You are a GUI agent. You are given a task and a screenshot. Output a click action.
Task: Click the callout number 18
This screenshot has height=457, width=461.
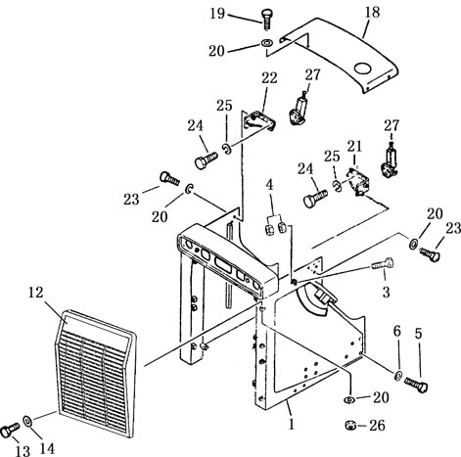372,12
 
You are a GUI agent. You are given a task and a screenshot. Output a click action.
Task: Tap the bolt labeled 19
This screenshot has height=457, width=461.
267,21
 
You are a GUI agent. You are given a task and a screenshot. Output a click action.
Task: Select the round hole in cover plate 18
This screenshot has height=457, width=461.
362,69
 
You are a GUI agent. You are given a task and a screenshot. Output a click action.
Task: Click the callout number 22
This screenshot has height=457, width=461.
269,77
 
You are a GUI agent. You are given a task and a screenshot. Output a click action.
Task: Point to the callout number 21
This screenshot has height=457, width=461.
354,147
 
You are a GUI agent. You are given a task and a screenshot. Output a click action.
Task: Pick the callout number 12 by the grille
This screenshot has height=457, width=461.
35,293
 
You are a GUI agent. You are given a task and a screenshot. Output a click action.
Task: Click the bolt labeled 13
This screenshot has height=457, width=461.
10,431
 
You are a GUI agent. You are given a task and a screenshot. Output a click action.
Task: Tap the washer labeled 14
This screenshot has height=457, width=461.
27,421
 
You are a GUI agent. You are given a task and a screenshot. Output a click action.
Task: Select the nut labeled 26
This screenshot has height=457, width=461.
350,426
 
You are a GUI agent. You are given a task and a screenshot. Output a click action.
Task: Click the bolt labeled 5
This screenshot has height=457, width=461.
416,384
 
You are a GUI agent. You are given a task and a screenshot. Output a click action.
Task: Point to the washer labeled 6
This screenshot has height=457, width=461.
398,375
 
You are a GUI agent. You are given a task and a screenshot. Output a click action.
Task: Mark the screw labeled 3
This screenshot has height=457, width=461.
383,264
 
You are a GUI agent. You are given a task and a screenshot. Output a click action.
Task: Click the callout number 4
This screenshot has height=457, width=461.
269,185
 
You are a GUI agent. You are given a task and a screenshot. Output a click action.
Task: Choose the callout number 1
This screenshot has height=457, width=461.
292,424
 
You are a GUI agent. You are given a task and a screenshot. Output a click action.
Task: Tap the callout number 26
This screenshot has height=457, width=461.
377,425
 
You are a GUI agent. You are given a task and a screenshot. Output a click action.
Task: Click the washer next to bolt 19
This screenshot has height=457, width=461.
267,43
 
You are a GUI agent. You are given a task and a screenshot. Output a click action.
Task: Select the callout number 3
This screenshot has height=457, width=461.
386,293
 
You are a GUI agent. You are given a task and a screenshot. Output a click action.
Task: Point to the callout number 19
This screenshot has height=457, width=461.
217,14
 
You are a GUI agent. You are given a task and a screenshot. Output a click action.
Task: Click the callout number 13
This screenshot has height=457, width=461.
23,451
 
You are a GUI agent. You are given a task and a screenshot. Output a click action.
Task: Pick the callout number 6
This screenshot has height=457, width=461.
396,332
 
